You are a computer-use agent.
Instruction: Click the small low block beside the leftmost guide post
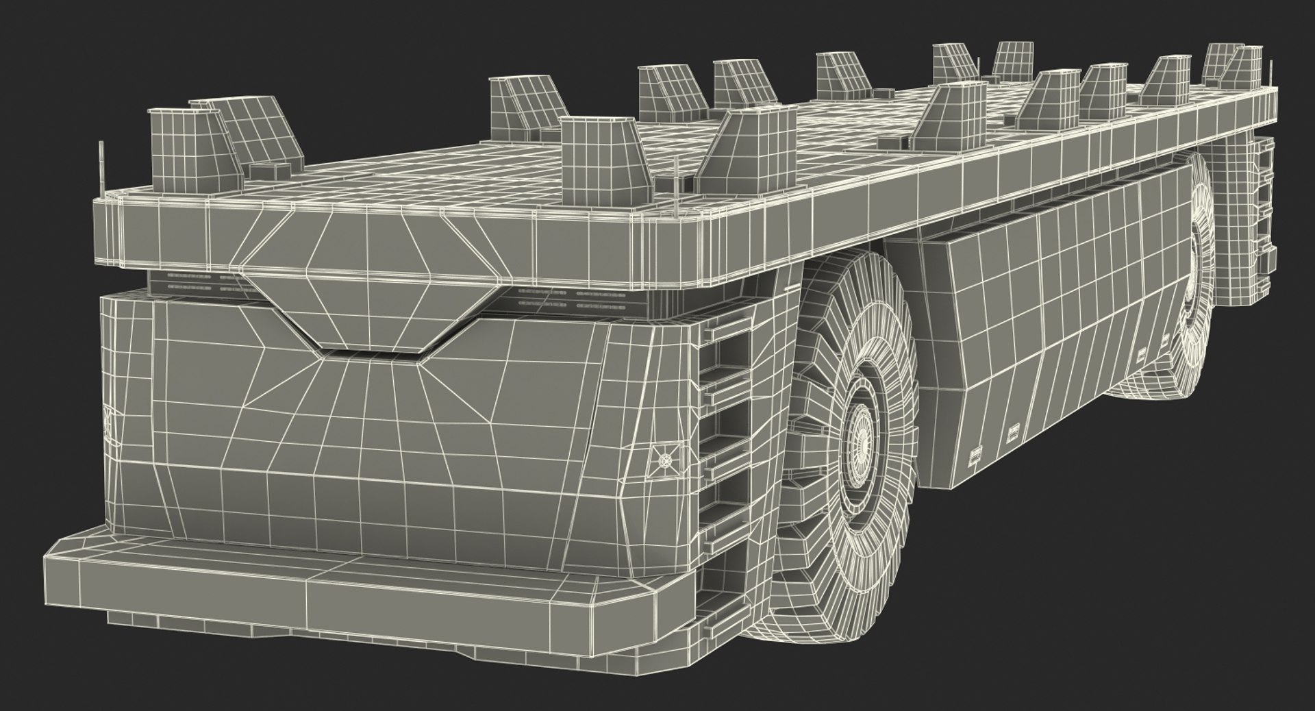(x=263, y=170)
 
